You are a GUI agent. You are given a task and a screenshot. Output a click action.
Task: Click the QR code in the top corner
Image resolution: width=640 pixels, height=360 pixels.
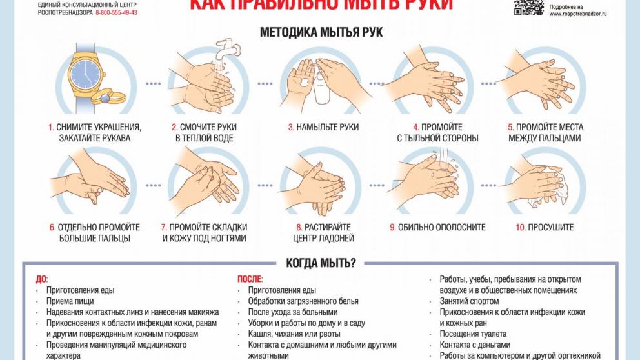click(x=528, y=6)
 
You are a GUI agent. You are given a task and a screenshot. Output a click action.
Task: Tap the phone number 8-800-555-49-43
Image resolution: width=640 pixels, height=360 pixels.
click(x=116, y=13)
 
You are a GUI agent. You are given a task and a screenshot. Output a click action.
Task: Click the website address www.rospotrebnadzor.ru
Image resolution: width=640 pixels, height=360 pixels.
click(x=578, y=14)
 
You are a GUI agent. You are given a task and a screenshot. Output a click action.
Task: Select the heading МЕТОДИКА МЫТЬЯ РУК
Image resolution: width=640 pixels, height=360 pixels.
click(x=321, y=31)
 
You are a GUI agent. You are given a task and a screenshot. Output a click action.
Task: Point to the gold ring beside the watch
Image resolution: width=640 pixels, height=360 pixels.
click(x=103, y=97)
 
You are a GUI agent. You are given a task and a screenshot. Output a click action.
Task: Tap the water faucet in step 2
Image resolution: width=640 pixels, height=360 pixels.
click(x=227, y=46)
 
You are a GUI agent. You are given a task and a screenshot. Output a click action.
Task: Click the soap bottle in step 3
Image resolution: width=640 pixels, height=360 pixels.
click(x=321, y=84)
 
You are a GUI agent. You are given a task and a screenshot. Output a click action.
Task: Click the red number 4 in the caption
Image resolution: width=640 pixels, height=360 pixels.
click(x=416, y=127)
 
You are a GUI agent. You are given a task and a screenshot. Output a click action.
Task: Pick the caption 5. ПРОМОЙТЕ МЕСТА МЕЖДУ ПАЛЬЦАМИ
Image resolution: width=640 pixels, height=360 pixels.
click(x=544, y=132)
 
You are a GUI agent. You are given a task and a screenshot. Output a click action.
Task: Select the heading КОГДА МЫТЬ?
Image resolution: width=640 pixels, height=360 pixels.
click(x=321, y=263)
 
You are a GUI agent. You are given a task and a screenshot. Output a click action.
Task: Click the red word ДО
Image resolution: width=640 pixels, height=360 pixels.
click(x=41, y=279)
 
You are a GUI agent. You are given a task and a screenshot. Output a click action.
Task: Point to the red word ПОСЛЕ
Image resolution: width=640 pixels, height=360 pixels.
click(x=250, y=279)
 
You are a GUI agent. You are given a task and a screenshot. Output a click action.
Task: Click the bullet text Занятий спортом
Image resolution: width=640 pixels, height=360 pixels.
click(x=469, y=301)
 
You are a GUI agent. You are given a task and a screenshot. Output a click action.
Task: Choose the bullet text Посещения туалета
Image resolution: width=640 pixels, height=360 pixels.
click(x=473, y=334)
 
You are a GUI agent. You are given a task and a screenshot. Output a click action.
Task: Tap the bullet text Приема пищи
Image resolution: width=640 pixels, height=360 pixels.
click(x=70, y=301)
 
